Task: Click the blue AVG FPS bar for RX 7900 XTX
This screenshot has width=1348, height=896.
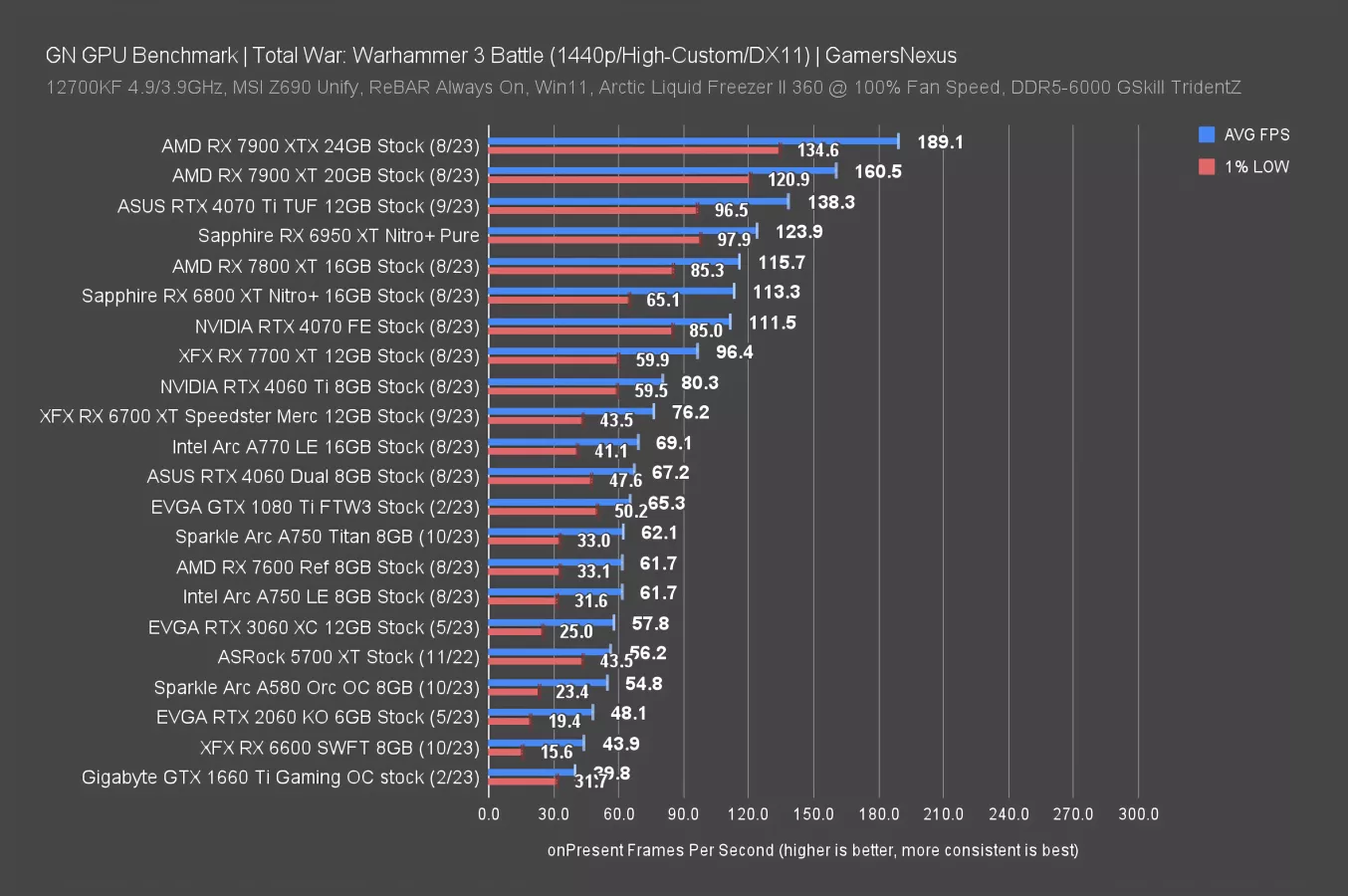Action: click(693, 141)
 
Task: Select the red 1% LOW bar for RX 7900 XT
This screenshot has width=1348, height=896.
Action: click(618, 179)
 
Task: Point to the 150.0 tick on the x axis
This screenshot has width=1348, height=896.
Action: click(813, 813)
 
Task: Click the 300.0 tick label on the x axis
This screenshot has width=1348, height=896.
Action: click(1138, 813)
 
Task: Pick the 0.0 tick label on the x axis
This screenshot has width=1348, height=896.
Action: click(489, 813)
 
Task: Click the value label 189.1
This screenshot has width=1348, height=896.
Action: click(940, 142)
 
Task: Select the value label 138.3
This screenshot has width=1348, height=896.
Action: click(830, 202)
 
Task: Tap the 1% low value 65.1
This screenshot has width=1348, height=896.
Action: click(663, 300)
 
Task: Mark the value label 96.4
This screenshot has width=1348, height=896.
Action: click(734, 352)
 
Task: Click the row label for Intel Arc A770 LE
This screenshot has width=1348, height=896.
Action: click(326, 447)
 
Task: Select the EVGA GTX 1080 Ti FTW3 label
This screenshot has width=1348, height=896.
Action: click(315, 507)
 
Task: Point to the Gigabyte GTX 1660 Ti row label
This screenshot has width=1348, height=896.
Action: click(280, 778)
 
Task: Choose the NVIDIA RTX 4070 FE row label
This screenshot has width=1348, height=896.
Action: click(337, 327)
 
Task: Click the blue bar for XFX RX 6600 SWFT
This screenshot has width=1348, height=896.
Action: click(536, 742)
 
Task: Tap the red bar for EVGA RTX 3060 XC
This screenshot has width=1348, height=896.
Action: click(515, 631)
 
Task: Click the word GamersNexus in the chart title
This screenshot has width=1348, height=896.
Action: click(890, 56)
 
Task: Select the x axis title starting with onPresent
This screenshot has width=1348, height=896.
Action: click(812, 850)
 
